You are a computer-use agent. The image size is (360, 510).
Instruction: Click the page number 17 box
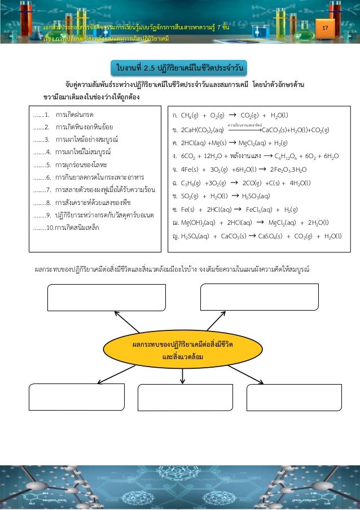(x=324, y=29)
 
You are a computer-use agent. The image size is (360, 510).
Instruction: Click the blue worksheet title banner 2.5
(x=179, y=69)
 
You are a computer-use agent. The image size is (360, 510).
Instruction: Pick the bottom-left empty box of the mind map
(x=76, y=397)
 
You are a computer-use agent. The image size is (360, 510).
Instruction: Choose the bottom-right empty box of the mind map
(x=294, y=397)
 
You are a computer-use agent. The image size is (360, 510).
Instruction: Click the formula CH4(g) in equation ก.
(x=194, y=115)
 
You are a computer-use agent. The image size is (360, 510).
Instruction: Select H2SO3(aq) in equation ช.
(x=256, y=196)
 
